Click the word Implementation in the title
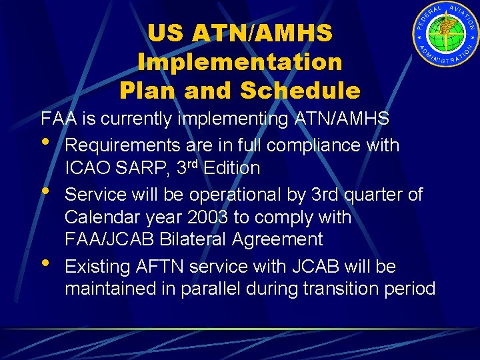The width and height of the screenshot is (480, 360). [239, 62]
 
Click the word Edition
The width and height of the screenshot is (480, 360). [231, 169]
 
